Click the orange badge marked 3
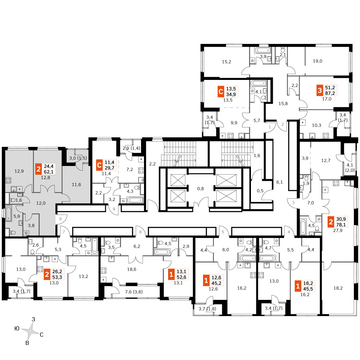coord(320,90)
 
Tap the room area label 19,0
coord(318,61)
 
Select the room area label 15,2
coord(226,62)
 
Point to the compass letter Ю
coord(17,329)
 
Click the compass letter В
coord(27,343)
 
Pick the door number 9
coord(114,209)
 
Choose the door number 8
coord(60,219)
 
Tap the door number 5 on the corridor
coord(223,232)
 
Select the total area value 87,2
coord(330,93)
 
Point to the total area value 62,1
coord(49,172)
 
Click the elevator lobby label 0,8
coord(201,189)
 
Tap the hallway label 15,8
coord(283,104)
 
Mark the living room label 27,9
coord(338,230)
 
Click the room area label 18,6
coord(131,269)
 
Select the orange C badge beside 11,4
coord(99,165)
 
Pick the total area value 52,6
coord(181,277)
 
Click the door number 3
coord(293,202)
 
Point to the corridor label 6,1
coord(279,182)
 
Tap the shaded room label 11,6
coord(76,185)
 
